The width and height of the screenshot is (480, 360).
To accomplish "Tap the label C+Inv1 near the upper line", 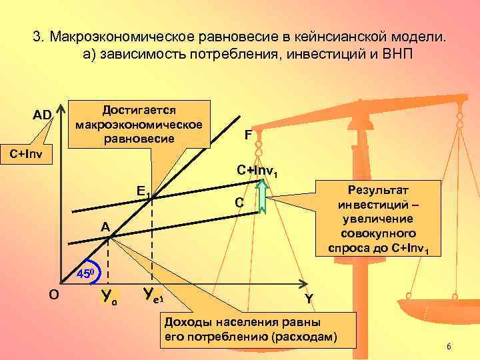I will pyautogui.click(x=258, y=171).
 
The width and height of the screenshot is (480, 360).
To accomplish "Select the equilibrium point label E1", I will pyautogui.click(x=143, y=191).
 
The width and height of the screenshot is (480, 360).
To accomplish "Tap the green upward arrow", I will pyautogui.click(x=262, y=198).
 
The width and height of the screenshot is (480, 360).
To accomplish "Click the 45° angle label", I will pyautogui.click(x=87, y=273).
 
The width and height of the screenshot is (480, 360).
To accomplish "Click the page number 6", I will pyautogui.click(x=449, y=347).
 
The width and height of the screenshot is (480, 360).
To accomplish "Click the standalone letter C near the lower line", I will pyautogui.click(x=239, y=202).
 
